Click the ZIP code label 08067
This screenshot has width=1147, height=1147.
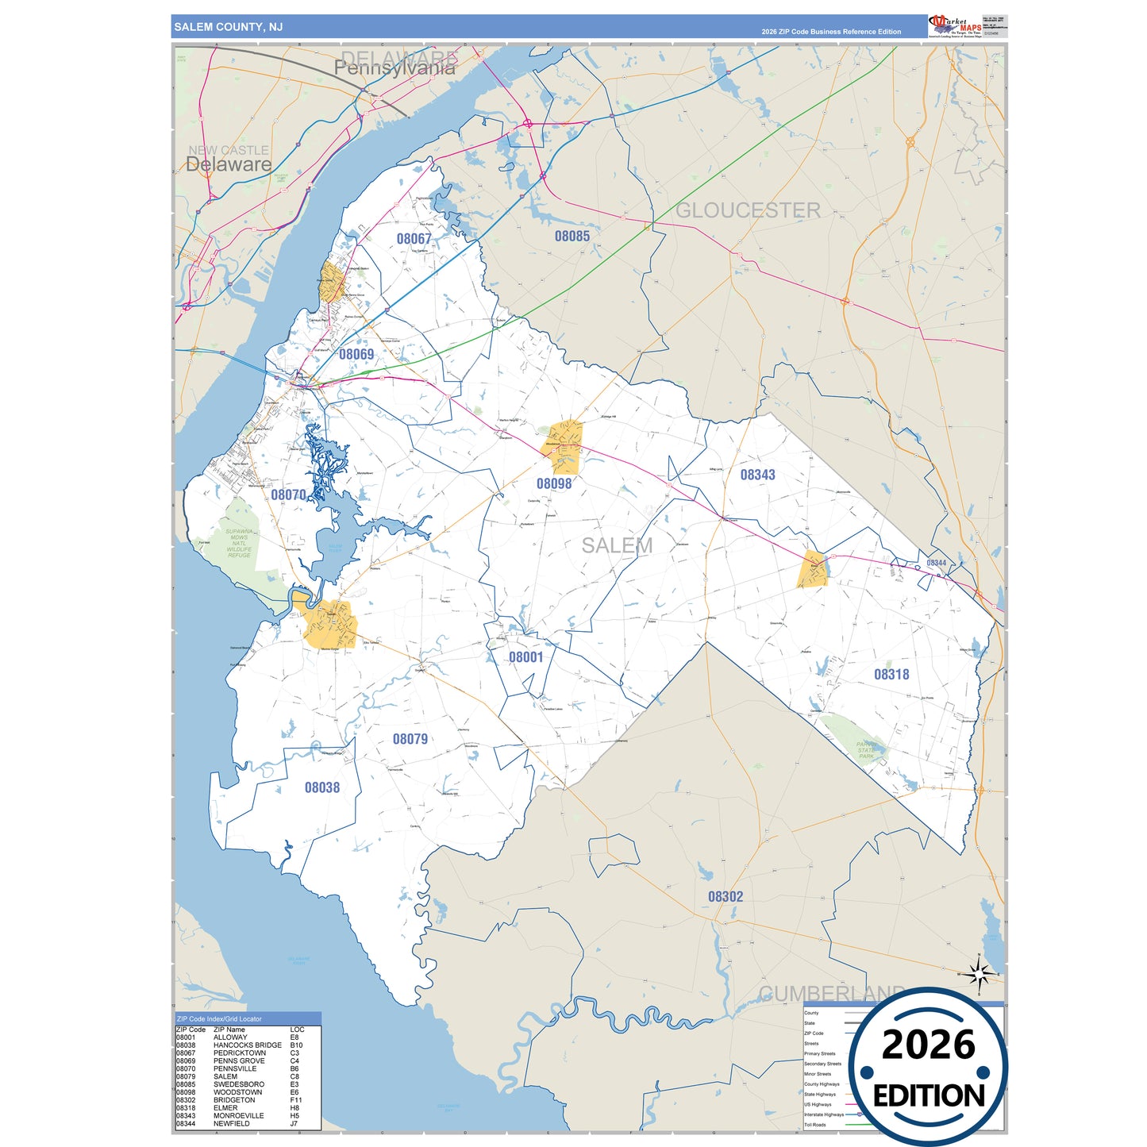tap(414, 239)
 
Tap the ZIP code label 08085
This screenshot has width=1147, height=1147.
tap(572, 236)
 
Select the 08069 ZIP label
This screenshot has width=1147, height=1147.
tap(356, 354)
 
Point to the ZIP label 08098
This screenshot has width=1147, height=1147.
tap(553, 483)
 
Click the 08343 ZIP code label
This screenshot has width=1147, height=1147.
tap(757, 475)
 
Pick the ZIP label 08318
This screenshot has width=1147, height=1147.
tap(891, 675)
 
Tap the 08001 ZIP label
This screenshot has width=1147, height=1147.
tap(525, 657)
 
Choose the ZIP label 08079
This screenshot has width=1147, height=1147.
tap(410, 739)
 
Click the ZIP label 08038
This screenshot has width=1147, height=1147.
tap(321, 787)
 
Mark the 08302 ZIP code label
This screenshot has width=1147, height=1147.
tap(726, 896)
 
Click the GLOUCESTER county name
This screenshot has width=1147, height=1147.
tap(748, 210)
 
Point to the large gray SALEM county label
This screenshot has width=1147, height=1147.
tap(617, 545)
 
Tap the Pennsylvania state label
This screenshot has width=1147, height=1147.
tap(395, 69)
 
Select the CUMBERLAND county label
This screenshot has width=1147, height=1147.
tap(831, 994)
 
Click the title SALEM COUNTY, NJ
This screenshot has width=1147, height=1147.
tap(228, 27)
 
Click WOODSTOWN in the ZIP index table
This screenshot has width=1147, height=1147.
tap(237, 1092)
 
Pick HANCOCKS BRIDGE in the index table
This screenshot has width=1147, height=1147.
tap(247, 1045)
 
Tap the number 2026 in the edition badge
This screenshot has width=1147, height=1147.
tap(928, 1045)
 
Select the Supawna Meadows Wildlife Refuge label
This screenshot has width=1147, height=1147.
tap(239, 544)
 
